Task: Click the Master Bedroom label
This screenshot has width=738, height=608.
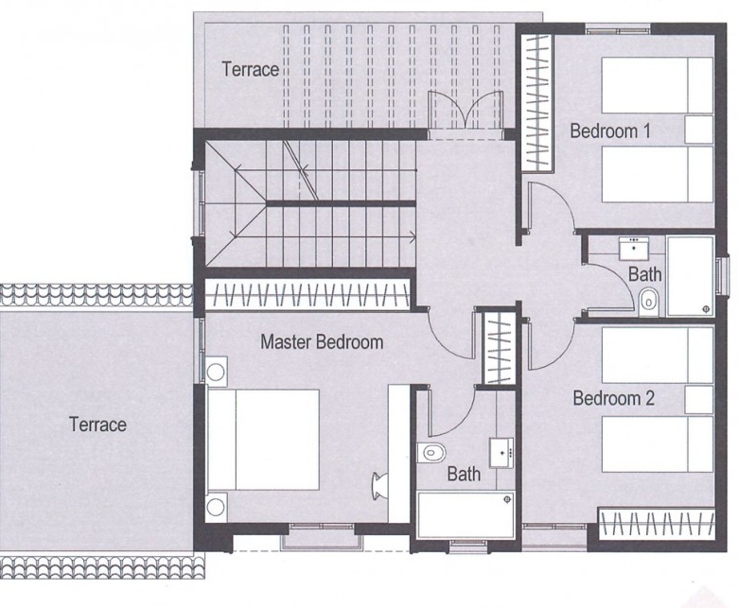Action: tap(322, 342)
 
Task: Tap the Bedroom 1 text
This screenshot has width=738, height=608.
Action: tap(610, 130)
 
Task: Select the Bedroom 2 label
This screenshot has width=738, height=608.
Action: tap(614, 398)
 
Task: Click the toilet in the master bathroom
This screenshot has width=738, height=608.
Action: tap(431, 453)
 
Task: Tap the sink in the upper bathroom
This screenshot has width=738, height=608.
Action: tap(634, 248)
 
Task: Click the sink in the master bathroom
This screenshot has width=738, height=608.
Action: tap(501, 453)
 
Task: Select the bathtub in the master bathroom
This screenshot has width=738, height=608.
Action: tap(465, 514)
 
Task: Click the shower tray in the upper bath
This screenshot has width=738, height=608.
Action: tap(690, 276)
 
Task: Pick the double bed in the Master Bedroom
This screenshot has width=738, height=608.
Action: tap(263, 440)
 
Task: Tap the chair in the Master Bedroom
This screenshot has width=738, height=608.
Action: tap(379, 485)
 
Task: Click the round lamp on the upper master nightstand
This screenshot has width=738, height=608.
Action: tap(216, 372)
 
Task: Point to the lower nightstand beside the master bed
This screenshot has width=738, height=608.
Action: tap(217, 507)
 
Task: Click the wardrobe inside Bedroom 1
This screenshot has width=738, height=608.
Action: tap(536, 102)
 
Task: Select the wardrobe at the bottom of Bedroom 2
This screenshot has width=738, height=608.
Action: tap(656, 523)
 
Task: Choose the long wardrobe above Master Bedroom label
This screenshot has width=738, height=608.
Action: tap(308, 295)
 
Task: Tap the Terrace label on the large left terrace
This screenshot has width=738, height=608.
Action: tap(97, 425)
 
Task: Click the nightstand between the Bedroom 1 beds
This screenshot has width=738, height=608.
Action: tap(699, 130)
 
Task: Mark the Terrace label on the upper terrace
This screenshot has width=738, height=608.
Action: tap(251, 69)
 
